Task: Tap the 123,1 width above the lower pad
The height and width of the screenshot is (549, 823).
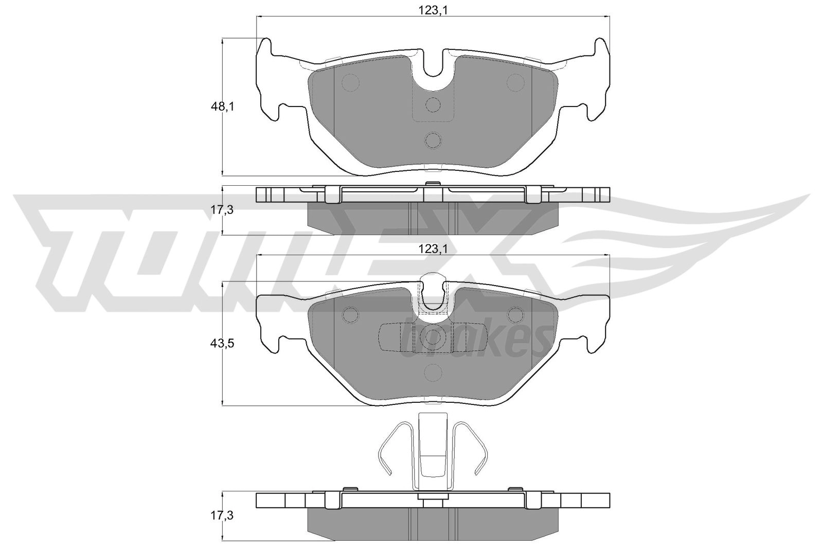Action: pos(433,249)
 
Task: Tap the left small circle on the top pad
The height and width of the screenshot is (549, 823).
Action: pos(351,82)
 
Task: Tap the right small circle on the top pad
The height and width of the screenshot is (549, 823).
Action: pos(515,82)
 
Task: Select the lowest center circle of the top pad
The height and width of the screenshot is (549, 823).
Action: pos(433,140)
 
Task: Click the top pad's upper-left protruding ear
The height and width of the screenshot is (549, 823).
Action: pos(264,49)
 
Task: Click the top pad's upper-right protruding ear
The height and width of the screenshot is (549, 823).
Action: pos(601,49)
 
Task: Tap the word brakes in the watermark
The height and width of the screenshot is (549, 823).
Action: pos(473,340)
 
